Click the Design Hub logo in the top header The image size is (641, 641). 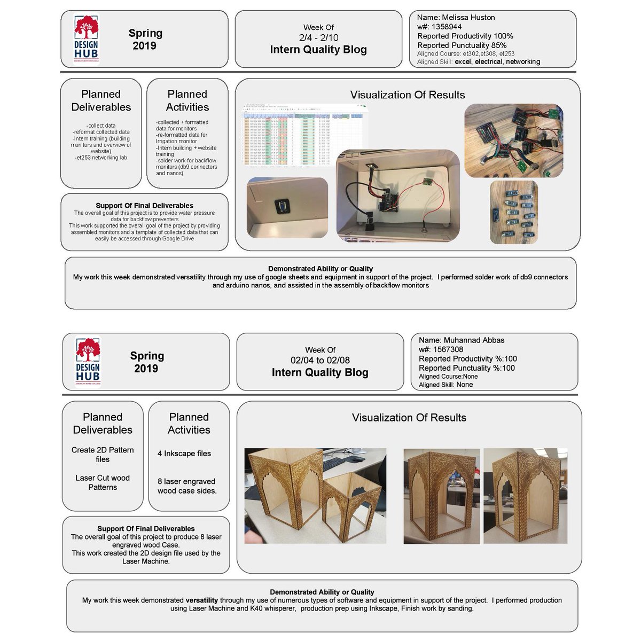(x=86, y=39)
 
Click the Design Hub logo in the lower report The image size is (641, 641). (x=88, y=362)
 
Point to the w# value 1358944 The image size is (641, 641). (x=447, y=27)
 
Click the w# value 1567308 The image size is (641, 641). (x=448, y=349)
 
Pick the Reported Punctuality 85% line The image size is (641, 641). (x=462, y=45)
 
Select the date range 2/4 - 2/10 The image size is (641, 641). (x=318, y=37)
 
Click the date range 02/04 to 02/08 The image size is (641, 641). (x=320, y=360)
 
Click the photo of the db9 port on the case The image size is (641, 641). (x=287, y=208)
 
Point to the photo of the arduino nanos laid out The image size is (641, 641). (x=513, y=212)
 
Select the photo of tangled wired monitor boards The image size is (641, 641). (x=513, y=140)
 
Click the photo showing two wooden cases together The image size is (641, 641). (x=315, y=496)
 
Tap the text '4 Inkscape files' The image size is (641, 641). (x=184, y=454)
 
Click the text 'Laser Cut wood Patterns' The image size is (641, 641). (x=103, y=482)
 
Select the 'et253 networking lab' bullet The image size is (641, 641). (x=101, y=158)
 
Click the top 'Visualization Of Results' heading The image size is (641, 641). (x=408, y=95)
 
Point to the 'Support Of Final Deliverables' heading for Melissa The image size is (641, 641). (x=144, y=206)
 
